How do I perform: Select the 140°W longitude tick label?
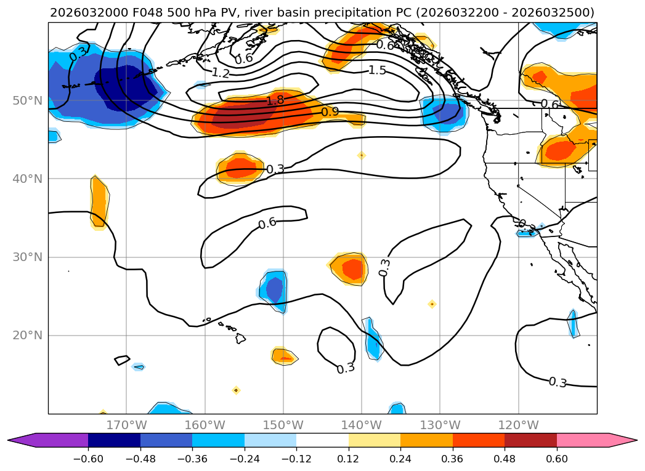[x=362, y=425]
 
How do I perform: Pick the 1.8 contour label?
[x=275, y=100]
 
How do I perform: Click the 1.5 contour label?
[x=377, y=70]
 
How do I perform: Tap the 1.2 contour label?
[x=221, y=73]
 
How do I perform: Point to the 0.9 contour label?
[x=330, y=111]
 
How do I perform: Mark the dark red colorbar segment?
[x=530, y=440]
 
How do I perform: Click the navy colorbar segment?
[x=115, y=440]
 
